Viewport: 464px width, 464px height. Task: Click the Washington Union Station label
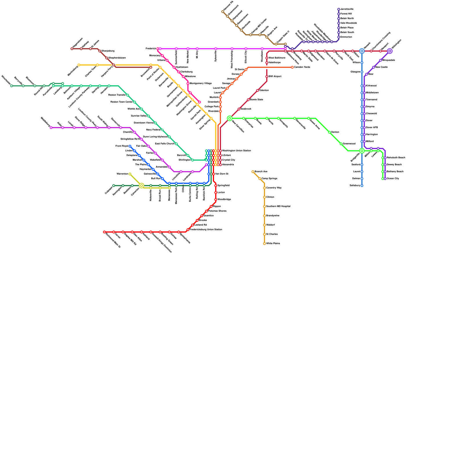click(x=236, y=151)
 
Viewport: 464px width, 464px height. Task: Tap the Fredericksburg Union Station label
click(x=206, y=230)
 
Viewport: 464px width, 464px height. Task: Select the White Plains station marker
click(x=264, y=244)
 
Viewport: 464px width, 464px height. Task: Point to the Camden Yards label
click(x=302, y=67)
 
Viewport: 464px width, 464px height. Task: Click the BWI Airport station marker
click(x=267, y=77)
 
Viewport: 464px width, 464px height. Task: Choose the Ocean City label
click(x=393, y=179)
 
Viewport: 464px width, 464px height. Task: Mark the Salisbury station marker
click(x=362, y=186)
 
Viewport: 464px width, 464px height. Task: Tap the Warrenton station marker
click(x=130, y=174)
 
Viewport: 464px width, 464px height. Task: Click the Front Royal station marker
click(x=130, y=146)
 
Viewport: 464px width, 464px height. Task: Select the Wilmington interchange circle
click(x=390, y=51)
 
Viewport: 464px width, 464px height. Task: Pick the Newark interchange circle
click(x=362, y=51)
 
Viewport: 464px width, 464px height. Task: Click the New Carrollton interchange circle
click(x=230, y=118)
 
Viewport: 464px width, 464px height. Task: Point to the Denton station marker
click(x=329, y=132)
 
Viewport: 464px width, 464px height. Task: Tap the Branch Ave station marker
click(x=253, y=172)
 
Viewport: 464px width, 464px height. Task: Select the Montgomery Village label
click(x=201, y=84)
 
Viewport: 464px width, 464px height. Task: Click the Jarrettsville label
click(x=347, y=9)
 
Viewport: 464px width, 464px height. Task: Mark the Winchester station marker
click(x=12, y=86)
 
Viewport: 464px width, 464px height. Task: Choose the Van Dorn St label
click(x=222, y=174)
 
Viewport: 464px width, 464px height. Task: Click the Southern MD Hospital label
click(x=278, y=206)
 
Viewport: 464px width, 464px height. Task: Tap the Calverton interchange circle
click(x=142, y=186)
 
